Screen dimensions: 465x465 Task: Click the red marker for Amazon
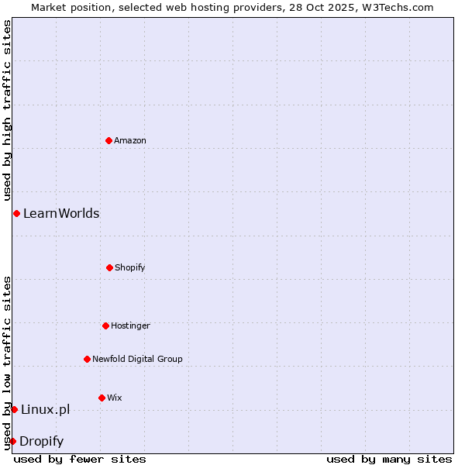pyautogui.click(x=108, y=140)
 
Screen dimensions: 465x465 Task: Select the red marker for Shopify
pyautogui.click(x=109, y=267)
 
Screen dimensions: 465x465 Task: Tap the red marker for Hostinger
pyautogui.click(x=105, y=325)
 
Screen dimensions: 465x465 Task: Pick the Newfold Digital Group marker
pyautogui.click(x=87, y=359)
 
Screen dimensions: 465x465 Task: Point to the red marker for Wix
pyautogui.click(x=102, y=398)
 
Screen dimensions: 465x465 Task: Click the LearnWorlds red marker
pyautogui.click(x=16, y=213)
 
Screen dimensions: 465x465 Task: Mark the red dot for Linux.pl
pyautogui.click(x=14, y=409)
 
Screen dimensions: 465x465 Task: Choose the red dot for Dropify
pyautogui.click(x=12, y=441)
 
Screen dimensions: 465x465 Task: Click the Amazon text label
pyautogui.click(x=130, y=140)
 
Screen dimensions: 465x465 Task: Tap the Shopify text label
pyautogui.click(x=130, y=267)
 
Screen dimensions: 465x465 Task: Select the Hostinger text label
pyautogui.click(x=130, y=325)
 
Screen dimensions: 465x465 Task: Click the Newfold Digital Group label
pyautogui.click(x=137, y=359)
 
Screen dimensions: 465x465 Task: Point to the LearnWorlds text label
pyautogui.click(x=61, y=213)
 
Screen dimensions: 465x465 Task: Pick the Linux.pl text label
pyautogui.click(x=45, y=409)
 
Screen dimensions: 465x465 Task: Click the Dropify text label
pyautogui.click(x=41, y=441)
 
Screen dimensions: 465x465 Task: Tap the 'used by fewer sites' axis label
pyautogui.click(x=80, y=459)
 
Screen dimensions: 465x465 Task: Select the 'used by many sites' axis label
pyautogui.click(x=389, y=459)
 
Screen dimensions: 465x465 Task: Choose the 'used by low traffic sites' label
pyautogui.click(x=7, y=363)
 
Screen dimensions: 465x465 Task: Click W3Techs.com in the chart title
pyautogui.click(x=396, y=7)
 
